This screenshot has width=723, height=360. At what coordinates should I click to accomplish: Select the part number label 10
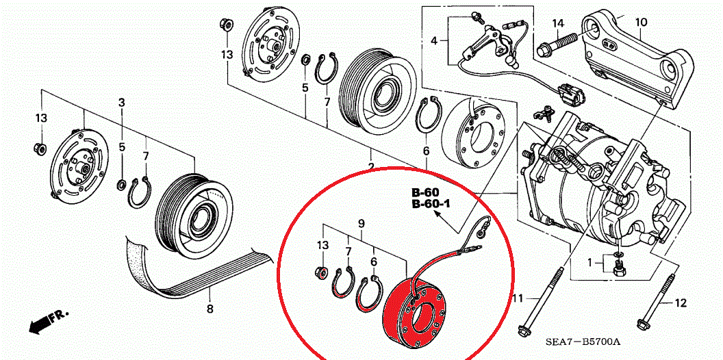point(640,22)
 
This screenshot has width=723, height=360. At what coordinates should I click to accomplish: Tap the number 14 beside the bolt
point(558,24)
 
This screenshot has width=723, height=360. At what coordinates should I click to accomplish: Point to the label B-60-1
point(430,204)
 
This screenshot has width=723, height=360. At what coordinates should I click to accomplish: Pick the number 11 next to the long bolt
point(518,298)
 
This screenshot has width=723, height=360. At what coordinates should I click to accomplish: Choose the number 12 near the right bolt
point(680,303)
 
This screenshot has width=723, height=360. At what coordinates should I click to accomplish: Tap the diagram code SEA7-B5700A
point(583,341)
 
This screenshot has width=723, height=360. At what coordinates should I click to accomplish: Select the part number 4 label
point(433,42)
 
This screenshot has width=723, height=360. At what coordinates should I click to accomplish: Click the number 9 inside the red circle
point(361,223)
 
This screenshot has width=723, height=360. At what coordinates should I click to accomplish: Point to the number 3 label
point(121,103)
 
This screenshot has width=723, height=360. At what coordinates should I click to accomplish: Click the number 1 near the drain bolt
point(589,262)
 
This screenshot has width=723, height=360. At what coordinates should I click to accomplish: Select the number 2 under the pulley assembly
point(370,167)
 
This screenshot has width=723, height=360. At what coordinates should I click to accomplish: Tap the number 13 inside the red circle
point(322,245)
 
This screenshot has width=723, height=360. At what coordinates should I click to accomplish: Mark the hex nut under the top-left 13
point(224,25)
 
